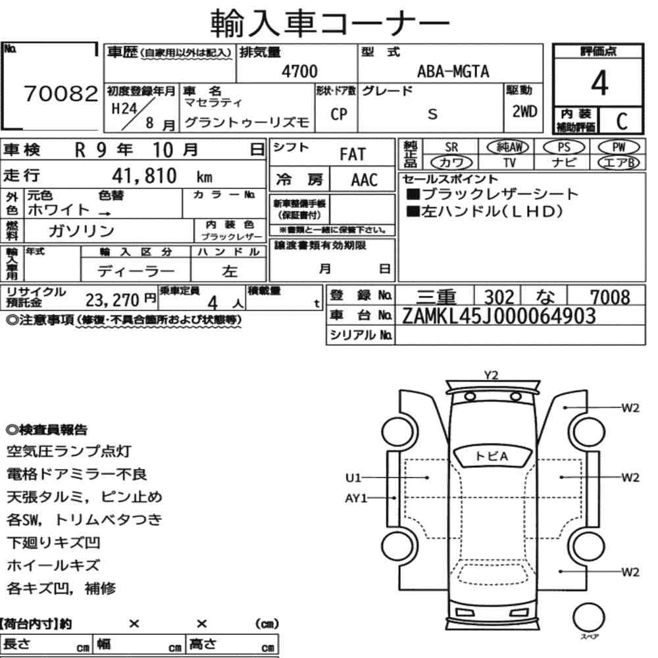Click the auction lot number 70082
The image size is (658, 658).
pyautogui.click(x=61, y=93)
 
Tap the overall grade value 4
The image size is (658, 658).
pyautogui.click(x=599, y=83)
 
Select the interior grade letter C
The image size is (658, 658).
pyautogui.click(x=622, y=121)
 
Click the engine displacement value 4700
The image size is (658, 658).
pyautogui.click(x=299, y=71)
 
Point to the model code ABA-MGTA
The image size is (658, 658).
pyautogui.click(x=453, y=71)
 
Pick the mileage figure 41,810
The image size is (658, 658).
pyautogui.click(x=144, y=176)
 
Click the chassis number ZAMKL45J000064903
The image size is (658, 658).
pyautogui.click(x=499, y=316)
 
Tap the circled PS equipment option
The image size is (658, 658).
pyautogui.click(x=564, y=147)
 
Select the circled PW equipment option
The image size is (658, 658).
pyautogui.click(x=619, y=147)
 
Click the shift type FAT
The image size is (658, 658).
pyautogui.click(x=353, y=155)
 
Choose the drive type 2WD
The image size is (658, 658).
pyautogui.click(x=524, y=111)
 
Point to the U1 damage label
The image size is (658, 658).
pyautogui.click(x=353, y=478)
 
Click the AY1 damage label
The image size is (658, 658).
pyautogui.click(x=356, y=498)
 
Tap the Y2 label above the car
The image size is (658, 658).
pyautogui.click(x=491, y=375)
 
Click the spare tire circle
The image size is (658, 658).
pyautogui.click(x=588, y=617)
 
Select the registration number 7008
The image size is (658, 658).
pyautogui.click(x=610, y=297)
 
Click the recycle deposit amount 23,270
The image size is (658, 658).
pyautogui.click(x=112, y=300)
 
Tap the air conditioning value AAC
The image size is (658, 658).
pyautogui.click(x=365, y=180)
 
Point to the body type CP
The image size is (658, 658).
pyautogui.click(x=339, y=114)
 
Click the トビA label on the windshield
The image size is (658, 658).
pyautogui.click(x=492, y=456)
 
